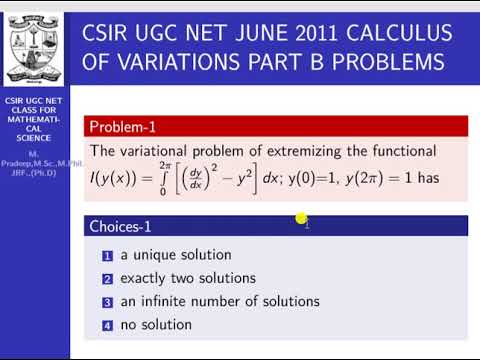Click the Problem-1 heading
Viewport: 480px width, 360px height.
[x=123, y=127]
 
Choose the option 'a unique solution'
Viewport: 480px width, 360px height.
[x=176, y=255]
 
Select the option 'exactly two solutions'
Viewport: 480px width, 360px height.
[x=188, y=278]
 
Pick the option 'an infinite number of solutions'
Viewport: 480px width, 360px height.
[x=220, y=301]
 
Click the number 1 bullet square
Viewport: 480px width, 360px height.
[x=107, y=255]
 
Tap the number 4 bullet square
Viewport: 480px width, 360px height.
[x=107, y=325]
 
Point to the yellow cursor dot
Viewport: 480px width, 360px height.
[x=300, y=218]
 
